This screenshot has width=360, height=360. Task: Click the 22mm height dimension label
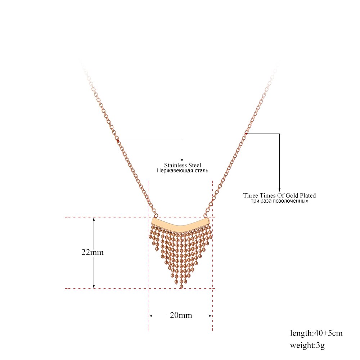(93, 252)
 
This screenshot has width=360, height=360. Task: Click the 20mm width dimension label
(181, 315)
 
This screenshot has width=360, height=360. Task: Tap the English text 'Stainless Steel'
(183, 165)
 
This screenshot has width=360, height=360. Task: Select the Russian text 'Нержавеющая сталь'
(183, 171)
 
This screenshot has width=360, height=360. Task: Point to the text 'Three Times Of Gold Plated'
(279, 195)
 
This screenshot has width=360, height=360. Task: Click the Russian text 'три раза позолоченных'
(279, 201)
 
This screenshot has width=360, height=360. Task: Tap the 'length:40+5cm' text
(316, 333)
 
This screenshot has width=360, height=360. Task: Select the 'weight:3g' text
(307, 345)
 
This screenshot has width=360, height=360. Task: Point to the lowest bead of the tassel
(181, 286)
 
